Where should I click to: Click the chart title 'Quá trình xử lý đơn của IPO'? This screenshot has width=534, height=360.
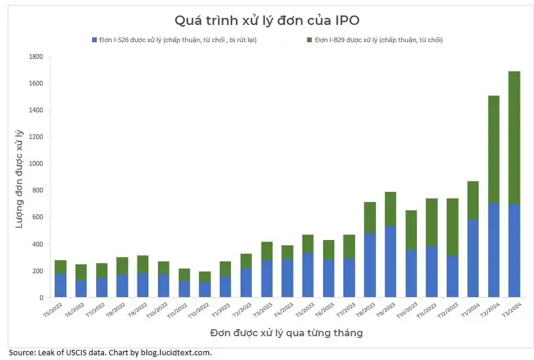[x=267, y=20]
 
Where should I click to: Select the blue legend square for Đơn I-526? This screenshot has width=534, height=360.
[x=94, y=40]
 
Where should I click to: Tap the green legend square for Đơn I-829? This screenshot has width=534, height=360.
[x=309, y=40]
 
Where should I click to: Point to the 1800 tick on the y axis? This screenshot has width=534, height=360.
[x=36, y=56]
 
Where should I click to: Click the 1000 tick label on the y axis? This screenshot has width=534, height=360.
[x=36, y=163]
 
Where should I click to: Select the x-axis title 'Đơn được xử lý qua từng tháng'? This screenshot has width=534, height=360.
[x=286, y=333]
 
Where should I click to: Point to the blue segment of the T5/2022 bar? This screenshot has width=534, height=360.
[x=60, y=285]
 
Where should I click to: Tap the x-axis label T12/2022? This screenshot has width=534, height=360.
[x=199, y=311]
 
